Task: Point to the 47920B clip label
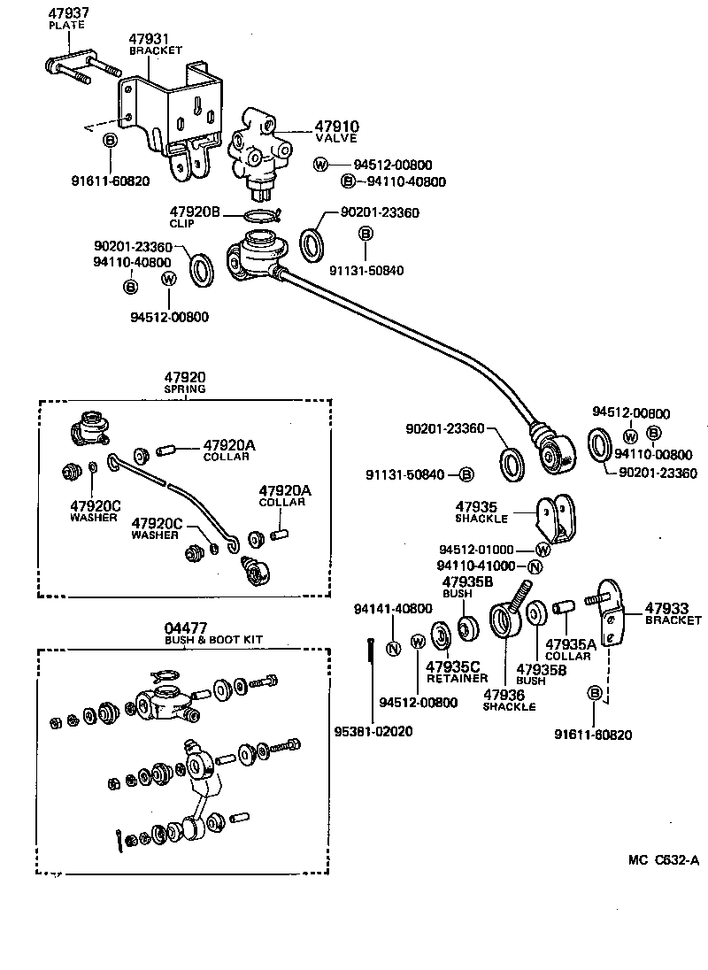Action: point(195,212)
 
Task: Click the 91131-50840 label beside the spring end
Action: point(405,475)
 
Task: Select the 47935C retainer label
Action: point(453,666)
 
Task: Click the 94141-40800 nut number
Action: point(393,609)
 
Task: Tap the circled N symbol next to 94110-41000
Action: point(535,566)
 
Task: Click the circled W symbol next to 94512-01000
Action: point(542,550)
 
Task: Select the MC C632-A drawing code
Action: point(664,859)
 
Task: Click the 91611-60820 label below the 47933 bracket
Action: point(594,734)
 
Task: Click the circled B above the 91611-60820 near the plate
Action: point(111,141)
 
